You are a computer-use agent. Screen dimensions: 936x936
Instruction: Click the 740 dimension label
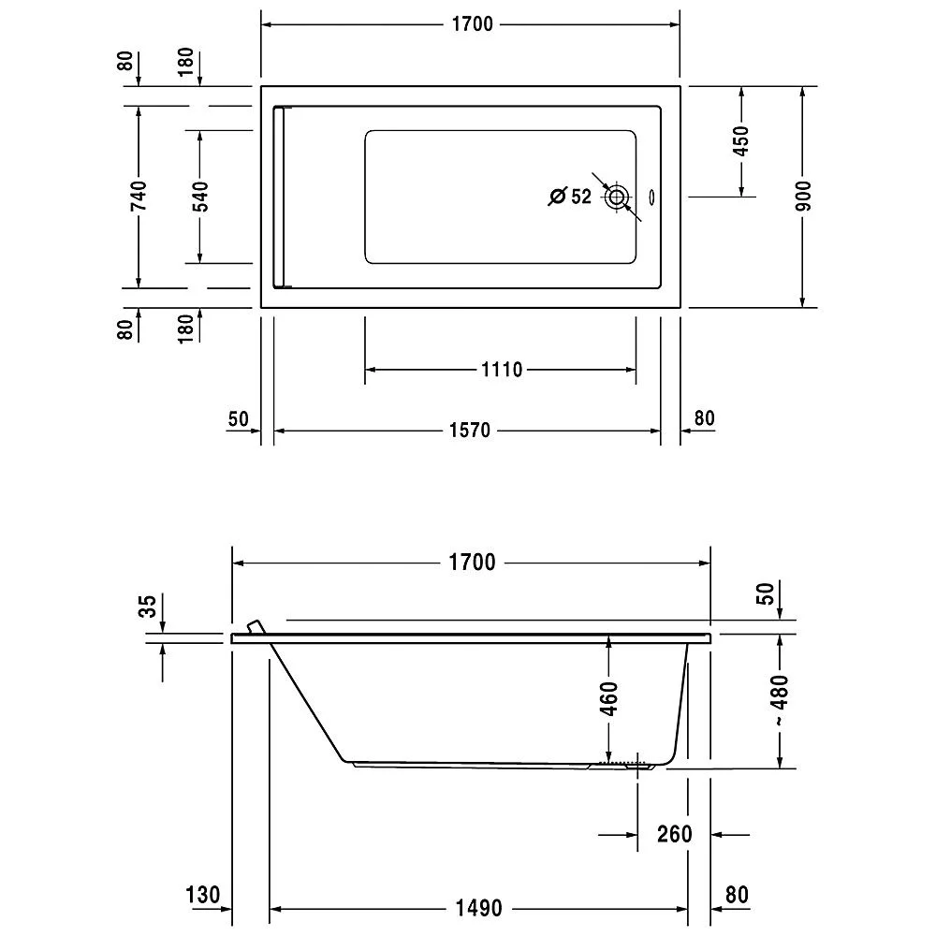138,197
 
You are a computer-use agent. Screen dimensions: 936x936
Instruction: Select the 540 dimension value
199,197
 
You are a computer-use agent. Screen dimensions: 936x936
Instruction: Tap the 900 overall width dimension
803,196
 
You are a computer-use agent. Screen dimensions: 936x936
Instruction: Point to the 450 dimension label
741,141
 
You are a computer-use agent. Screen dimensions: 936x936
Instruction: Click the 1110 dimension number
501,371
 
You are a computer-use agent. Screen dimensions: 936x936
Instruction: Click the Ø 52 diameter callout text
570,197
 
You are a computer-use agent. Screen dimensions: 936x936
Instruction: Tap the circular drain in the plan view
618,197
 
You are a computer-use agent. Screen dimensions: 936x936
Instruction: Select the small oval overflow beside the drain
653,197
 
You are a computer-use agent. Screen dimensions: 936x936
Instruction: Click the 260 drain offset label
674,834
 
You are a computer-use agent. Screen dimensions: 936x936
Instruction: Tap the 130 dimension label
202,895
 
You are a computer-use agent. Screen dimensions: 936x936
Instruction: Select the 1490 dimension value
478,908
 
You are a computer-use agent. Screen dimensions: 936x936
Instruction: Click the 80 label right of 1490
737,895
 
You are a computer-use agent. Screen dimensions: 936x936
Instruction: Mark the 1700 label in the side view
471,563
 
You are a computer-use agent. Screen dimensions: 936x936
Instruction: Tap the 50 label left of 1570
239,418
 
